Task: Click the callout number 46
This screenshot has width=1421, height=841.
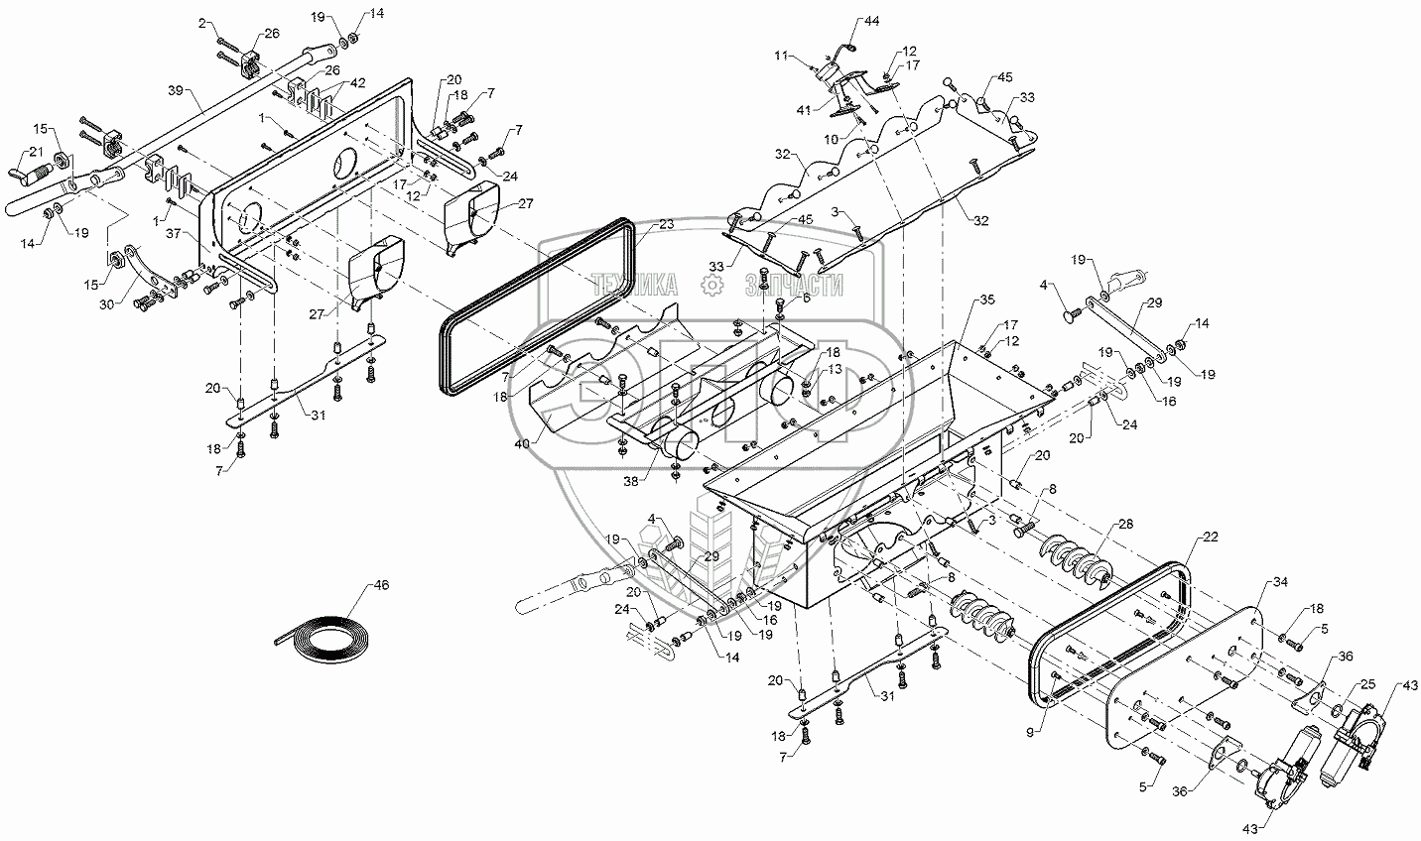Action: (x=382, y=585)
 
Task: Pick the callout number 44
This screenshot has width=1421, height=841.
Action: (x=871, y=20)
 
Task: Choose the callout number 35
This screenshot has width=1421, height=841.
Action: (x=985, y=299)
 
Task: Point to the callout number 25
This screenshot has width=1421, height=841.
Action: (x=1367, y=684)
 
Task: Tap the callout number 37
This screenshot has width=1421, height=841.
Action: (x=173, y=233)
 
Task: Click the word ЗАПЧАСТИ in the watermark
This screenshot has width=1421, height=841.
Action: (x=794, y=286)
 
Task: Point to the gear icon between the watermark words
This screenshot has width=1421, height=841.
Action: (x=710, y=286)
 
